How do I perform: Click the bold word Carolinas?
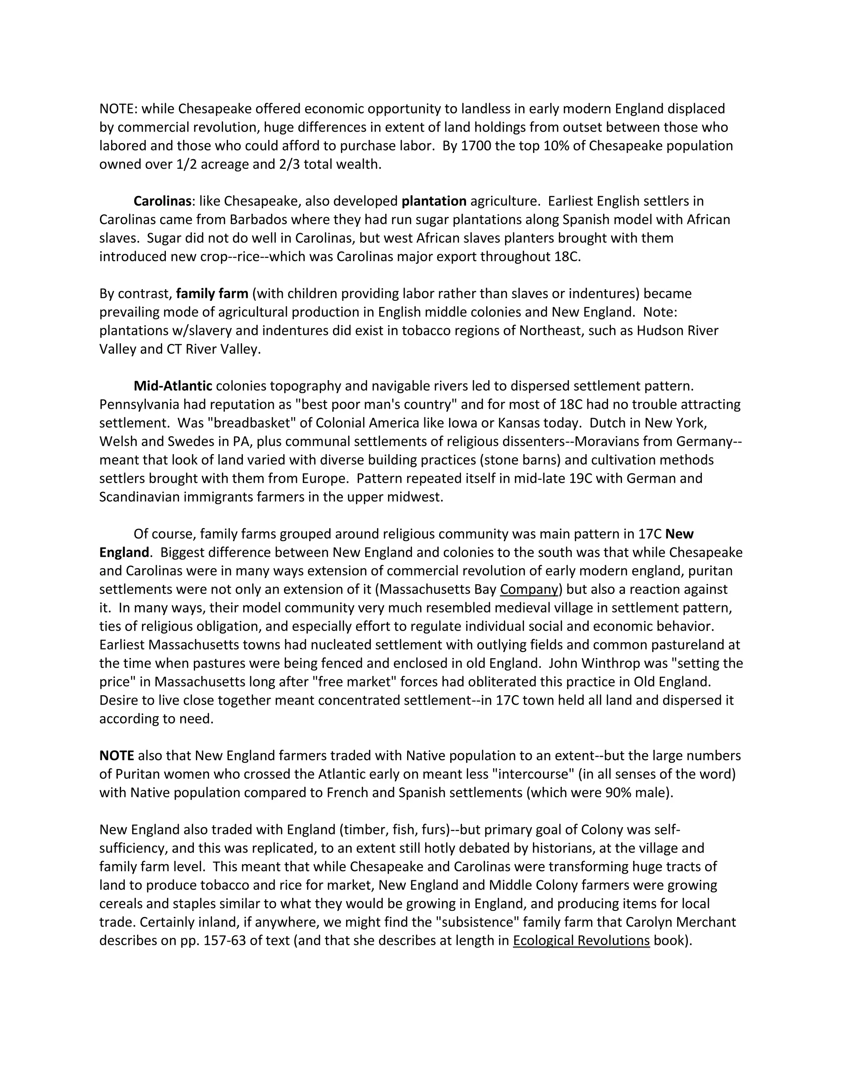[x=162, y=201]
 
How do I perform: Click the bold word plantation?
[x=434, y=201]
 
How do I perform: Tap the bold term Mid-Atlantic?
[x=173, y=386]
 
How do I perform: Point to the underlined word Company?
[x=529, y=589]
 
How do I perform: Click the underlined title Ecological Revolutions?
[x=581, y=941]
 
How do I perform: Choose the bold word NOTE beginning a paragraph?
[x=116, y=756]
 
